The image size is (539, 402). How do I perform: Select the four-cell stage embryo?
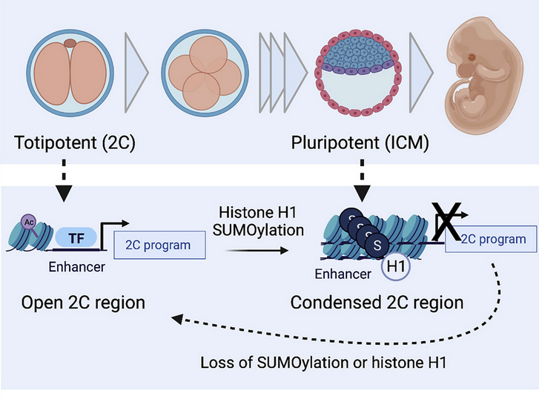click(202, 72)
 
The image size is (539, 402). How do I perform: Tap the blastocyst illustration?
click(360, 73)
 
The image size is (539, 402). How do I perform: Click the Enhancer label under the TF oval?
click(76, 267)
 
